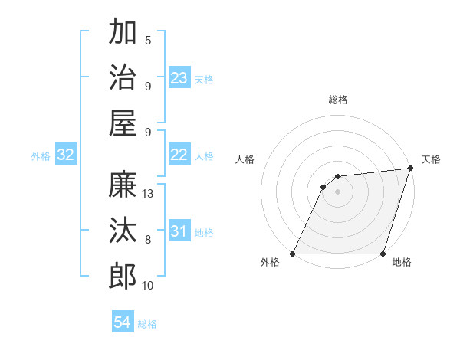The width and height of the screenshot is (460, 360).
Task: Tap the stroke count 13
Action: tap(149, 194)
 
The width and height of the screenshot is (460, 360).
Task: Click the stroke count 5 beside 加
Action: tap(148, 41)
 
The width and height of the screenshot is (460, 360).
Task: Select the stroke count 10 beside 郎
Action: tap(149, 285)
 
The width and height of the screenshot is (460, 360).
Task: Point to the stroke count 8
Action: tap(148, 240)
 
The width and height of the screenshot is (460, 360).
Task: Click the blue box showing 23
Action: tap(179, 77)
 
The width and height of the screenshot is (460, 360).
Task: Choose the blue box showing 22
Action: tap(179, 155)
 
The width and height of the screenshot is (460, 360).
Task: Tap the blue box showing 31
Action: tap(179, 231)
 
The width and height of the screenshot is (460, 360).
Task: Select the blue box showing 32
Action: tap(66, 155)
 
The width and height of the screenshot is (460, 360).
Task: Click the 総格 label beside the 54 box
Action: tap(147, 324)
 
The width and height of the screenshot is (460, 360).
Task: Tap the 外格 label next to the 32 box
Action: tap(41, 156)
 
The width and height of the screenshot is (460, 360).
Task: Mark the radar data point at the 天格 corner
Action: tap(411, 169)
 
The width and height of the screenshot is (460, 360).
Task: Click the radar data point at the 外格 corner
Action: tap(293, 254)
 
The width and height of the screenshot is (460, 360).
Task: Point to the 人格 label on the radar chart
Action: tap(245, 159)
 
